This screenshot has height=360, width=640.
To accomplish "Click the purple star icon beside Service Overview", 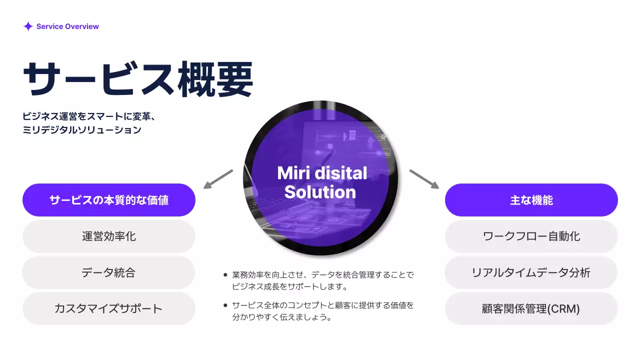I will click(x=28, y=26).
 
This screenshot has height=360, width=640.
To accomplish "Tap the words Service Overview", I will click(x=67, y=26).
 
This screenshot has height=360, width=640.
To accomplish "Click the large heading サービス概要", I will click(x=138, y=79).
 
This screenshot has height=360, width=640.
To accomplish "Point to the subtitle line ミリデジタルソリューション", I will click(x=82, y=130).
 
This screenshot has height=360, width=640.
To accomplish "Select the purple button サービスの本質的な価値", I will click(x=109, y=200).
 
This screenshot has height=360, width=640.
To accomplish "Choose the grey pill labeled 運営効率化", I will click(x=109, y=236).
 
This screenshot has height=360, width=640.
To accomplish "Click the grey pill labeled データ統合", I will click(x=109, y=272).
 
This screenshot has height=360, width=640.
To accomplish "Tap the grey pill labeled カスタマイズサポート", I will click(x=109, y=308).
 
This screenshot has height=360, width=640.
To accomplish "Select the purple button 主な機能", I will click(x=531, y=200).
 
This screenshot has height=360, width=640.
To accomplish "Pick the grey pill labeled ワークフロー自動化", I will click(x=531, y=236).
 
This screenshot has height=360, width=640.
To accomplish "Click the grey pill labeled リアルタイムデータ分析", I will click(x=531, y=272).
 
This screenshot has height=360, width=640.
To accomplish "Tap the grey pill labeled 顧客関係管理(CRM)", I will click(x=531, y=308).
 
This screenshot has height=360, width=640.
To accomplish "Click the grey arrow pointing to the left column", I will click(x=218, y=179).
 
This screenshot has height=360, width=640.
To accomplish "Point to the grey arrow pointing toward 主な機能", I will click(x=424, y=179).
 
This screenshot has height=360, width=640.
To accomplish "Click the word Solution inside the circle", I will click(x=320, y=192).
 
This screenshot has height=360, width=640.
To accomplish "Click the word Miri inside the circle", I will click(x=291, y=173).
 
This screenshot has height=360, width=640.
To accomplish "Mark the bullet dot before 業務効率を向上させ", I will click(x=225, y=275).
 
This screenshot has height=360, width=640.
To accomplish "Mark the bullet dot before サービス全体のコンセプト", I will click(x=225, y=305).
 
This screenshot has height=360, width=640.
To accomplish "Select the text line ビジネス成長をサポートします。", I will click(x=289, y=287).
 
